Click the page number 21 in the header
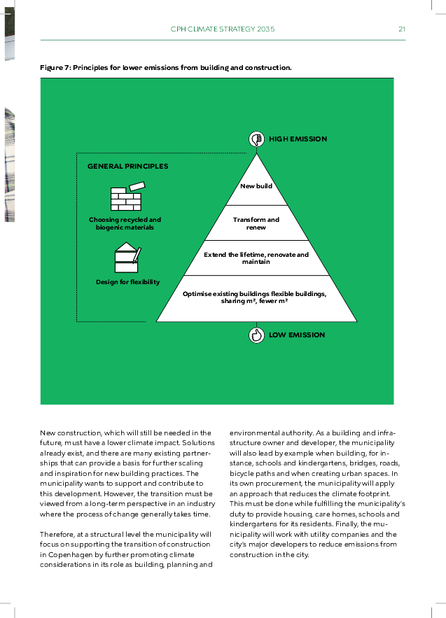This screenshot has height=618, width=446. point(402,29)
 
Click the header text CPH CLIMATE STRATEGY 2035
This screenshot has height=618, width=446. point(223,29)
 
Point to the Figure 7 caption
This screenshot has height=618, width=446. point(165,68)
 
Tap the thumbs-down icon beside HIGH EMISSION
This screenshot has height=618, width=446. point(256,139)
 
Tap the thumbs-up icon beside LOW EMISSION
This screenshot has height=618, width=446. point(256,335)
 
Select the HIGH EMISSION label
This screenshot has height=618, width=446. point(298,139)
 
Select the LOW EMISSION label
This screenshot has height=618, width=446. point(297,335)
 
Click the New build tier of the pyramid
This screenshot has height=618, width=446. point(256,186)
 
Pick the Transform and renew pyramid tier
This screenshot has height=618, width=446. point(256,223)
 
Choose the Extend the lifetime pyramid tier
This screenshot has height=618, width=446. point(256,258)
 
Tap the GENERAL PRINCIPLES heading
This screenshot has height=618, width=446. point(127,167)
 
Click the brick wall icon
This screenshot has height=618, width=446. point(127,198)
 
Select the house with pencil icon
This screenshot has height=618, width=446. point(127,258)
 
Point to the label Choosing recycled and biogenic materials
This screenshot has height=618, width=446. point(125,223)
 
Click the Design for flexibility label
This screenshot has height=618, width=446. point(127,282)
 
